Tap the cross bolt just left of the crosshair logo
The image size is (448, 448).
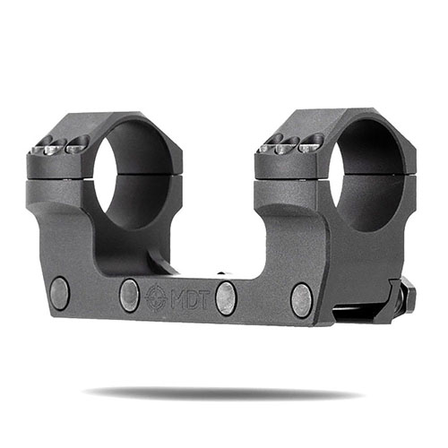click(130, 295)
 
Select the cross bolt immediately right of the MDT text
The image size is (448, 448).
click(227, 297)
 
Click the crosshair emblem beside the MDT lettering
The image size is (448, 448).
click(155, 296)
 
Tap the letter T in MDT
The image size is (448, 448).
click(204, 297)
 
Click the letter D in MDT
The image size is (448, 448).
click(190, 297)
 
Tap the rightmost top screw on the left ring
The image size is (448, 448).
click(77, 142)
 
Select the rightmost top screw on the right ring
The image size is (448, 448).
click(310, 141)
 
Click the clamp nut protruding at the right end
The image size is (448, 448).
click(408, 294)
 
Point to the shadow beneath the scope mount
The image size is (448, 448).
click(224, 392)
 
